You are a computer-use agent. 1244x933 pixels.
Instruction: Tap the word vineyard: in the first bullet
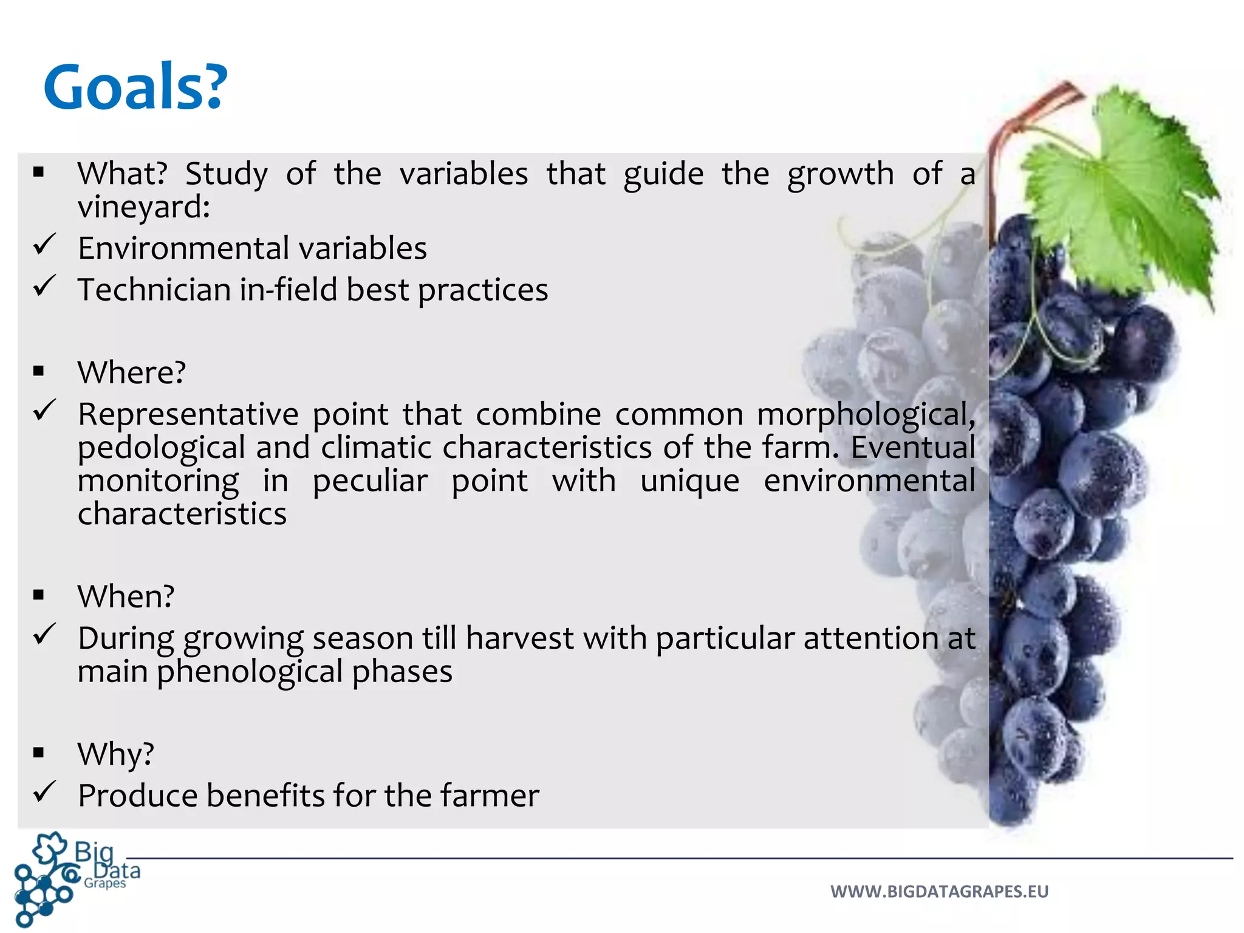(143, 207)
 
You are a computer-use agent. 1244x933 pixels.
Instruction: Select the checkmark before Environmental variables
(45, 245)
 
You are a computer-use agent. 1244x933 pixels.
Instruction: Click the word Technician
(153, 290)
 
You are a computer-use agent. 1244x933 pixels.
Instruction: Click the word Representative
(188, 415)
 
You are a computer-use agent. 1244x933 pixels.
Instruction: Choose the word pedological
(161, 448)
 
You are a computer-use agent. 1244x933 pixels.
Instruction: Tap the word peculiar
(370, 481)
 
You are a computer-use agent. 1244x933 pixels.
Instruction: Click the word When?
(126, 596)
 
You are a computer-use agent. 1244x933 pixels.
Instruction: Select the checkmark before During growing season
(45, 635)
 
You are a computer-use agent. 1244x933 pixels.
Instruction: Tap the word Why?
(115, 754)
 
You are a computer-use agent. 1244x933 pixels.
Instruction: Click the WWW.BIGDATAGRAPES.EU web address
(939, 892)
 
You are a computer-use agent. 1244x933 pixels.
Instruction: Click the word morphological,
(866, 415)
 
